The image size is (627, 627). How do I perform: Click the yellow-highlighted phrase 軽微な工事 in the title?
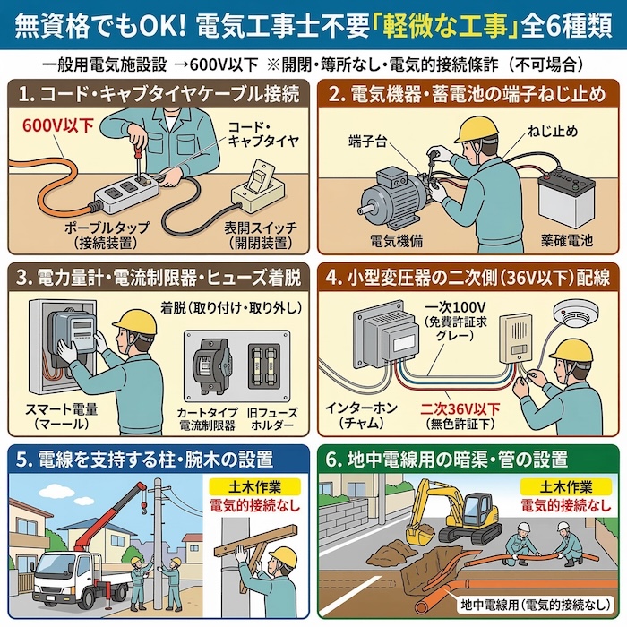click(x=444, y=25)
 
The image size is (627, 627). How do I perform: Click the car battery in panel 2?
click(x=566, y=194)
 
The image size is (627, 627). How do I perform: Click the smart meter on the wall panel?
click(x=71, y=334)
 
